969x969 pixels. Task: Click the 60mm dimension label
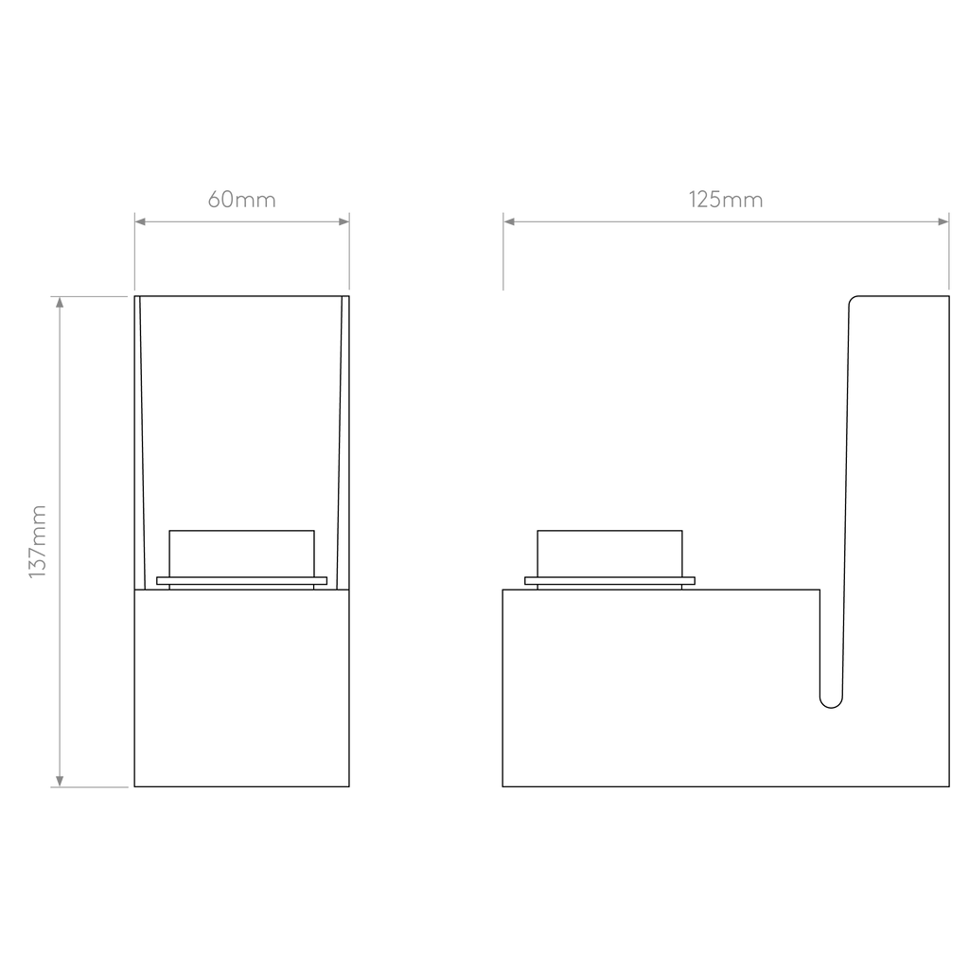tap(241, 200)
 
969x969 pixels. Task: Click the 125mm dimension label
tap(726, 200)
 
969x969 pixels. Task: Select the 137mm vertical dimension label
tap(38, 542)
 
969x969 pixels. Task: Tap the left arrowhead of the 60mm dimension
tap(140, 221)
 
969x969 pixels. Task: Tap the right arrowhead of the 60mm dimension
tap(344, 221)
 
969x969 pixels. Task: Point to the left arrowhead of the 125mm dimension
tap(508, 221)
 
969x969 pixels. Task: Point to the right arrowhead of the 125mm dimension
tap(943, 221)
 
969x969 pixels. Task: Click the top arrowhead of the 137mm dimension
tap(60, 302)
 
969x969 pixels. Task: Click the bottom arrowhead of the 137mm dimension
tap(60, 781)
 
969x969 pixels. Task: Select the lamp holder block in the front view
tap(241, 554)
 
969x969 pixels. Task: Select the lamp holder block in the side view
tap(610, 554)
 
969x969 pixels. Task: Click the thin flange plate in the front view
tap(241, 581)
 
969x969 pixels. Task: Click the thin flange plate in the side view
tap(610, 581)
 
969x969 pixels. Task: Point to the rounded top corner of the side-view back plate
tap(853, 299)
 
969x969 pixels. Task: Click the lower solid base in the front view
tap(241, 688)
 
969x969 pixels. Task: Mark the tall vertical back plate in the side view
tap(896, 494)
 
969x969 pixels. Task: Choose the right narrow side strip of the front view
tap(344, 443)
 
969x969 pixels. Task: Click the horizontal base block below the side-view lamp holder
tap(661, 688)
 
